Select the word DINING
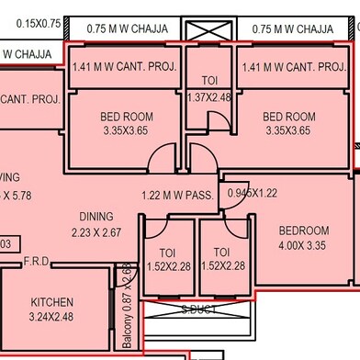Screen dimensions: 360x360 (96, 217)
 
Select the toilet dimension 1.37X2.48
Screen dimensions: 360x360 (210, 97)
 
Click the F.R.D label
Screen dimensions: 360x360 (37, 261)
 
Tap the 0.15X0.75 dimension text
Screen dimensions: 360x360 (28, 23)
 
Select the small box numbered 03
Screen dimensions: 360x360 (6, 243)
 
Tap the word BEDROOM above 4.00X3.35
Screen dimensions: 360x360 (304, 231)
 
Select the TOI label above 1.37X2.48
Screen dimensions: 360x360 (210, 81)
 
